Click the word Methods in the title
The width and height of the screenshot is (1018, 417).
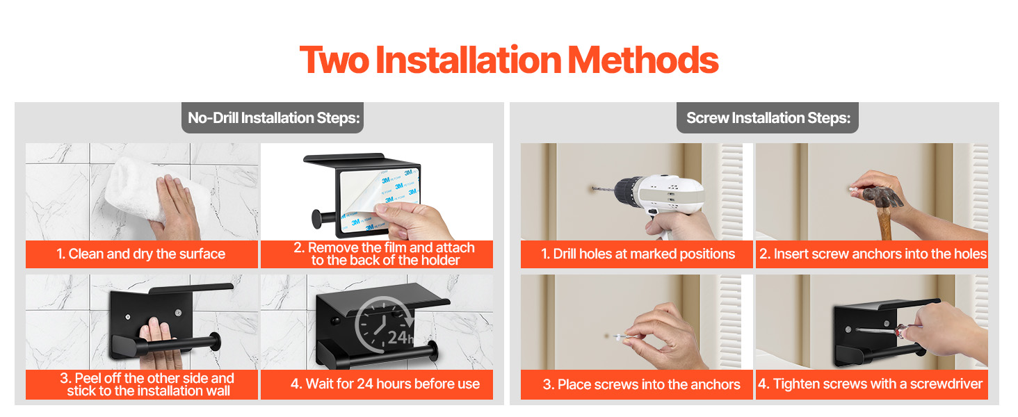click(643, 60)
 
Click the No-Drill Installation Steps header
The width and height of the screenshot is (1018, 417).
click(273, 117)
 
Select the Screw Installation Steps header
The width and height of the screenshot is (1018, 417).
click(768, 117)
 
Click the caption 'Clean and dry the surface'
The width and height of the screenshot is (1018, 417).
click(141, 254)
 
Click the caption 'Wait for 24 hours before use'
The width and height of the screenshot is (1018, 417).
click(385, 384)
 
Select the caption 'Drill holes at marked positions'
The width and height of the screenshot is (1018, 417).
click(638, 254)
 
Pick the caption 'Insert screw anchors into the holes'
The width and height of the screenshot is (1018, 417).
click(873, 254)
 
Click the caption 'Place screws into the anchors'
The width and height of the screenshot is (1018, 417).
click(641, 384)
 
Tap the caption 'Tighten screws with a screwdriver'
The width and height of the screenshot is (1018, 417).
click(871, 384)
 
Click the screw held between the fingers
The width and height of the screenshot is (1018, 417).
click(620, 337)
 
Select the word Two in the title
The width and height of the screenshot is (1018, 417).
click(334, 60)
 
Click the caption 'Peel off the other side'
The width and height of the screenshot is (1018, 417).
click(147, 378)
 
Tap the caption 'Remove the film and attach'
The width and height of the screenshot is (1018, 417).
click(384, 247)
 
